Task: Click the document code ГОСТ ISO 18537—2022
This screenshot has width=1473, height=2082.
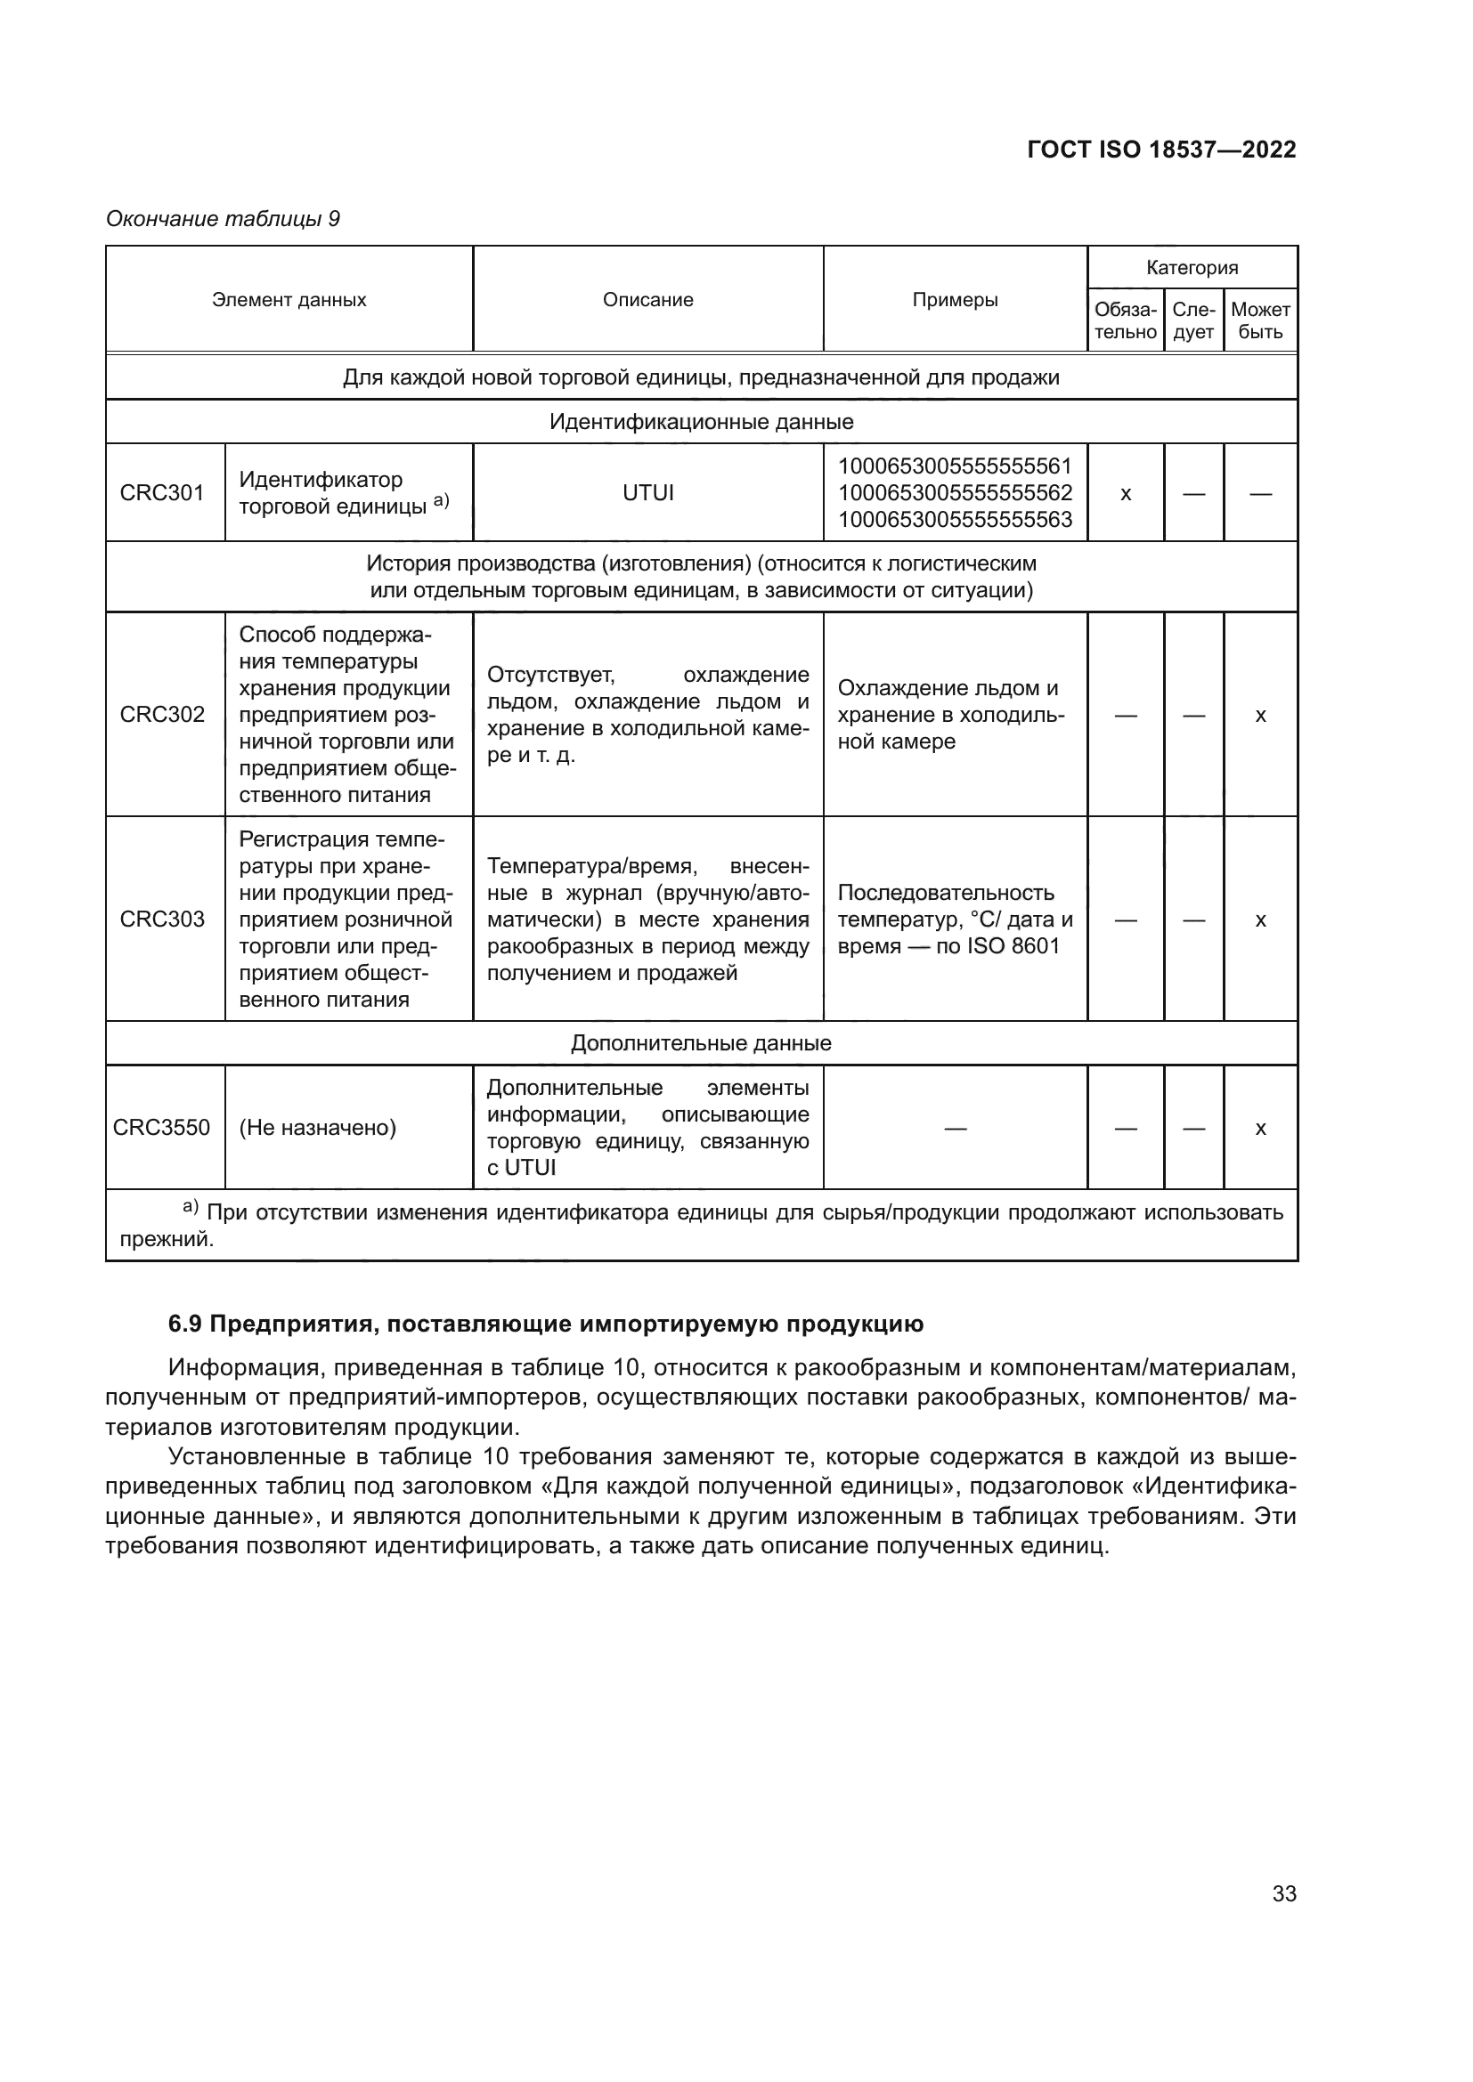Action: point(1161,150)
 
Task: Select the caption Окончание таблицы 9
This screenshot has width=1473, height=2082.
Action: point(224,219)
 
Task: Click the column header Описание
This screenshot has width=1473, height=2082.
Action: point(647,300)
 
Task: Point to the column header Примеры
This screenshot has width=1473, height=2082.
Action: point(954,300)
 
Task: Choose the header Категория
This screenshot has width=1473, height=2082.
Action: point(1192,268)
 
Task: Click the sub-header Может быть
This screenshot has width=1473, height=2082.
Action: point(1260,321)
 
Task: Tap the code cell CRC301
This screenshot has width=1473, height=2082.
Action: point(162,493)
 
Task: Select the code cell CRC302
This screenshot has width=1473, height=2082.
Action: point(162,715)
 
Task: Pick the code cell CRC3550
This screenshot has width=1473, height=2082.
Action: point(161,1127)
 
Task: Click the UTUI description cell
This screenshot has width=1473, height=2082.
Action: point(647,493)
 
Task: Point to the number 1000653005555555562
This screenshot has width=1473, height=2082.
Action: point(954,493)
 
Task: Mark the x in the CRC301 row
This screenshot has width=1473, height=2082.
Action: point(1126,494)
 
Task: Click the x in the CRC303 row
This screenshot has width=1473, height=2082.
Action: point(1260,919)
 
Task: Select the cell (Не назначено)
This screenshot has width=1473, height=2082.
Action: point(317,1128)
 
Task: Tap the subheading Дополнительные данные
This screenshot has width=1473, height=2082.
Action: point(700,1043)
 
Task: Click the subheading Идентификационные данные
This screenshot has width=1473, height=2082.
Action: point(700,422)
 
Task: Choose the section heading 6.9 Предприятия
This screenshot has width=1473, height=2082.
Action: point(545,1324)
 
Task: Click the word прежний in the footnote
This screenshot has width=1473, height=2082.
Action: point(166,1239)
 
